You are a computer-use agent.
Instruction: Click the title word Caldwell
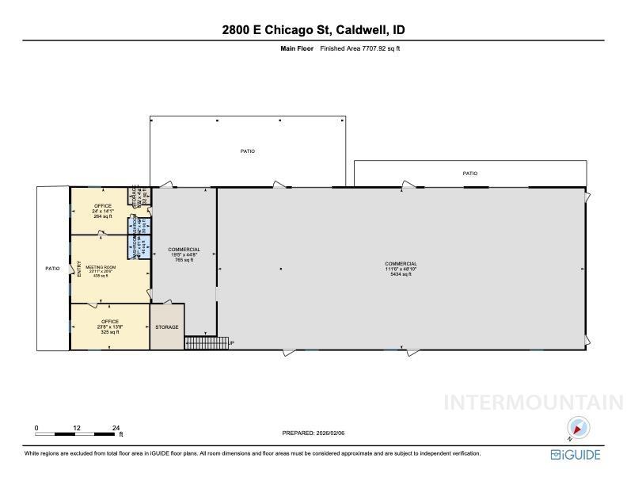(x=362, y=30)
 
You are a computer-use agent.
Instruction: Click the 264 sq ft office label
(x=103, y=211)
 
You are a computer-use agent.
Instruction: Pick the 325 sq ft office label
(x=109, y=327)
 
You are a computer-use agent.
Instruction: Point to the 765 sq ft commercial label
(x=184, y=254)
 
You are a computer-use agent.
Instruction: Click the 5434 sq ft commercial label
(x=401, y=269)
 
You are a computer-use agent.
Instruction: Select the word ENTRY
(x=79, y=269)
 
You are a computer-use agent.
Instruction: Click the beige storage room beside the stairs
(x=167, y=327)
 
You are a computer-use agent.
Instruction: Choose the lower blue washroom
(x=140, y=246)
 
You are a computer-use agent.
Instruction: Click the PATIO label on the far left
(x=52, y=269)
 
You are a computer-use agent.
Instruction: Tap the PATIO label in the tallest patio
(x=248, y=151)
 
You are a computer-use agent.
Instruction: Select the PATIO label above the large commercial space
(x=469, y=173)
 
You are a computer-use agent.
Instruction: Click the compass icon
(x=579, y=428)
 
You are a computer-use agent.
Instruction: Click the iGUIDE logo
(x=576, y=455)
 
